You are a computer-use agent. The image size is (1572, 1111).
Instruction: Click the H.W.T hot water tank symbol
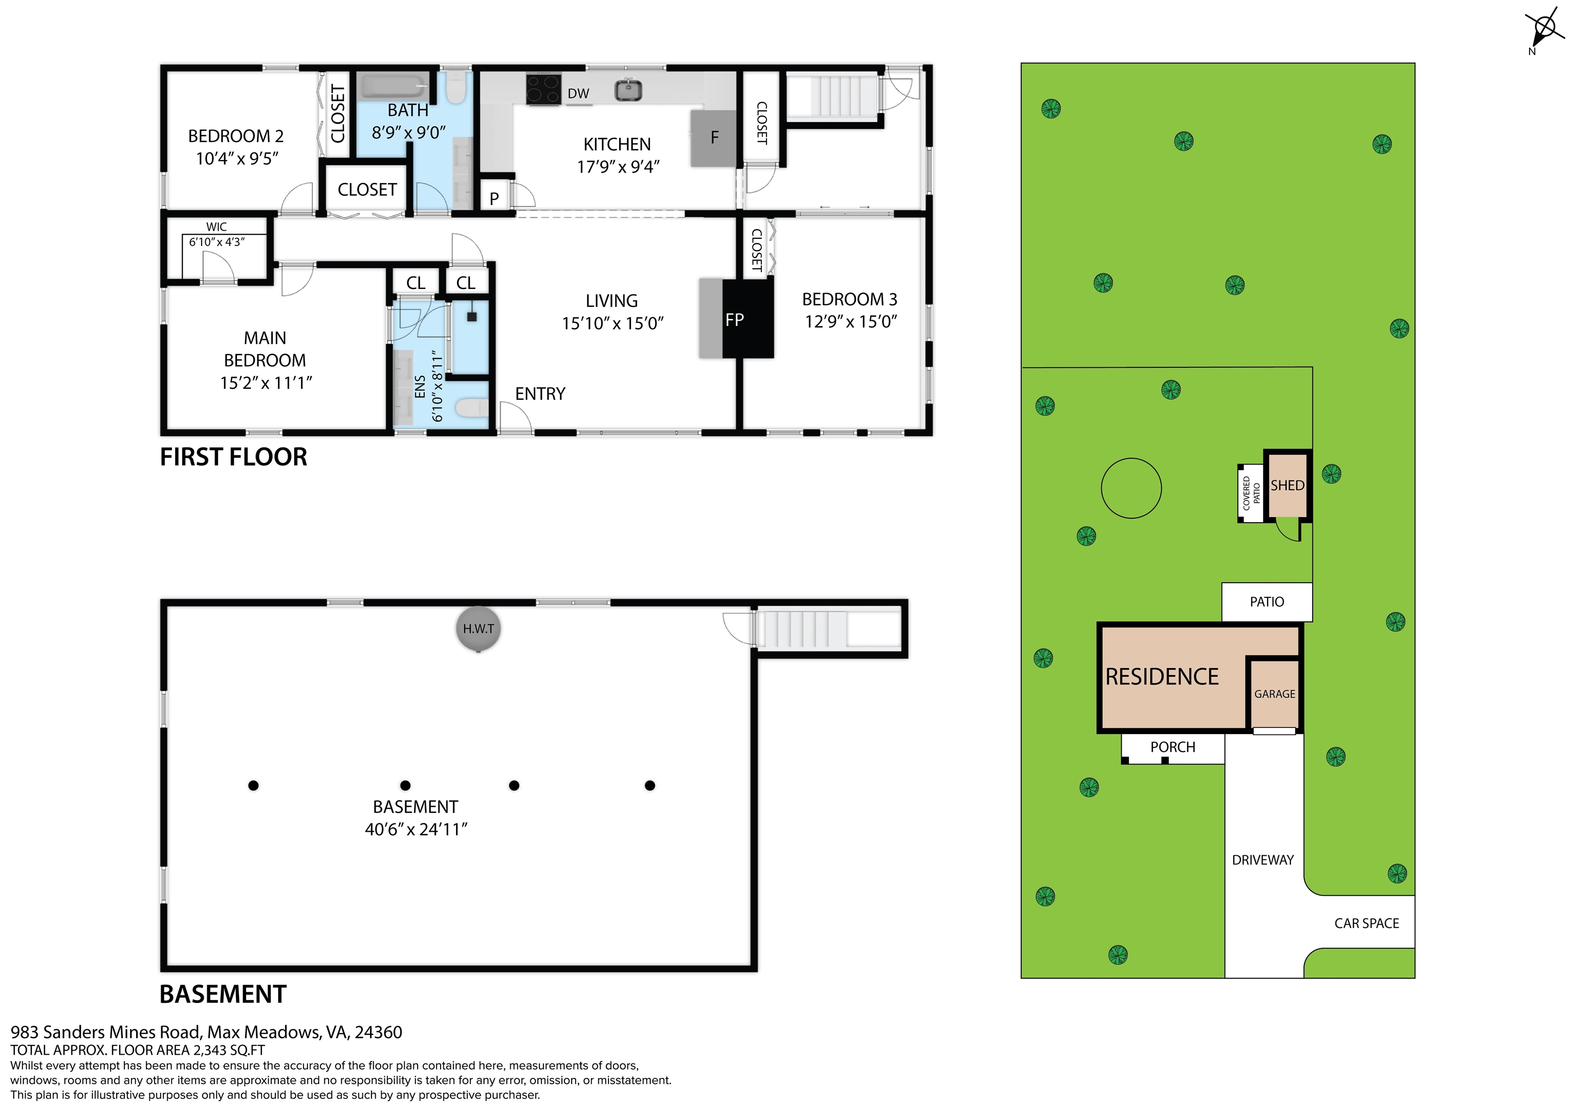pyautogui.click(x=478, y=629)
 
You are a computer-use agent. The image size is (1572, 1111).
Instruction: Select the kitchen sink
pyautogui.click(x=628, y=90)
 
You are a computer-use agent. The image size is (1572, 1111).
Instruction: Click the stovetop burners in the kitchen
pyautogui.click(x=543, y=89)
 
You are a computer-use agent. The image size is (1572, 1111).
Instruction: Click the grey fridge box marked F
pyautogui.click(x=713, y=138)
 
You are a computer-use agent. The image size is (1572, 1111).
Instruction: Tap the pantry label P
pyautogui.click(x=494, y=199)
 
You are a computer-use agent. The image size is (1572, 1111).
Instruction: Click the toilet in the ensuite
pyautogui.click(x=472, y=409)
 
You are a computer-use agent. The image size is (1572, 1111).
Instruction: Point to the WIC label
pyautogui.click(x=216, y=227)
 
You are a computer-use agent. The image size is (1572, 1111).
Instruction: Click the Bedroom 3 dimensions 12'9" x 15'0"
pyautogui.click(x=850, y=322)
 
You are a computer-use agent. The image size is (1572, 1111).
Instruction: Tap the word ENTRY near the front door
pyautogui.click(x=540, y=394)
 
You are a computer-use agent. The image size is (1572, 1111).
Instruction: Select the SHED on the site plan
pyautogui.click(x=1287, y=485)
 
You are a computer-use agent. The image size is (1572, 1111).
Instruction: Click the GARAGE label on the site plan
pyautogui.click(x=1274, y=694)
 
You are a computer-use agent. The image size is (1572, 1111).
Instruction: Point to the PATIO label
pyautogui.click(x=1267, y=602)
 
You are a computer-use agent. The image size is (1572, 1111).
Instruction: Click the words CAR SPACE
pyautogui.click(x=1367, y=923)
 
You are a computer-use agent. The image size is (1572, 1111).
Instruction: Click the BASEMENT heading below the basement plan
pyautogui.click(x=223, y=994)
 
